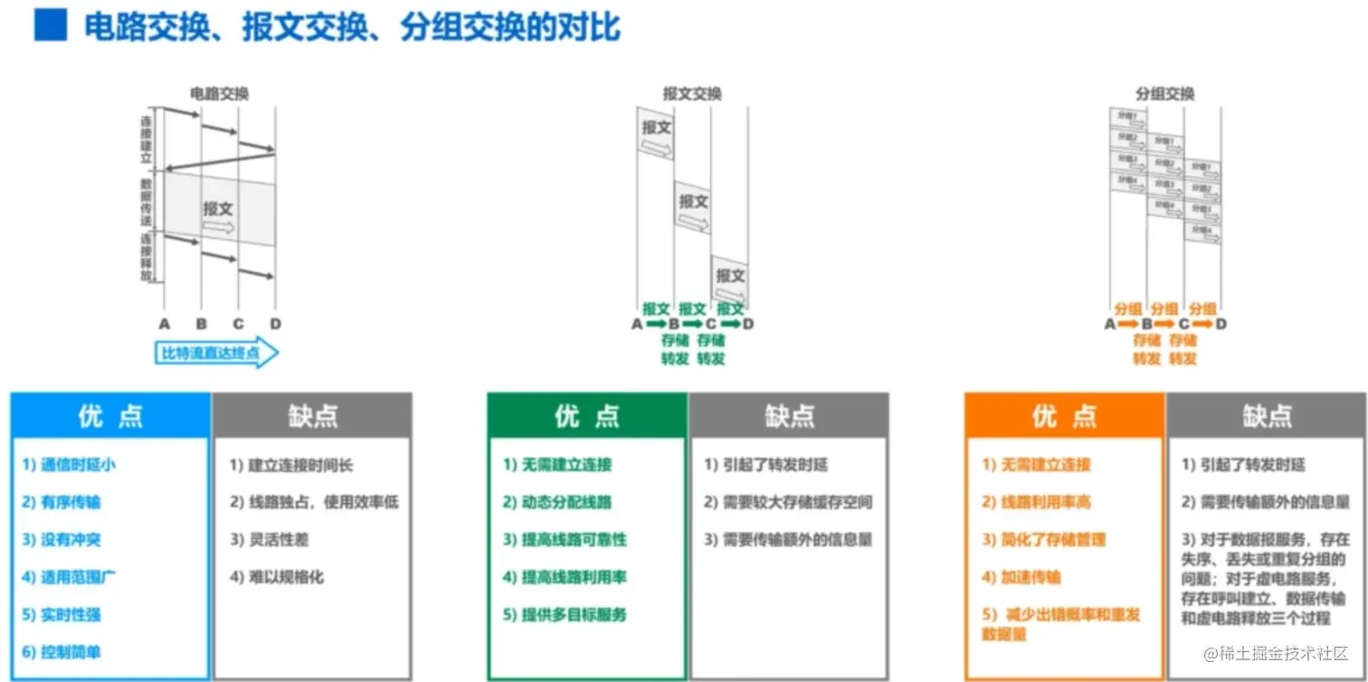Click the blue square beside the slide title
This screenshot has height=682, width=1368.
(x=51, y=26)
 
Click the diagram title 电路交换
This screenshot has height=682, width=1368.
(x=219, y=93)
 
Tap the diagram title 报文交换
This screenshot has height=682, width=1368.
(x=692, y=93)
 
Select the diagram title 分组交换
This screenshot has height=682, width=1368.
(x=1165, y=93)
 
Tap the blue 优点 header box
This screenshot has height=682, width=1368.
(x=109, y=415)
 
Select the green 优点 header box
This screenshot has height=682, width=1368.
(x=587, y=415)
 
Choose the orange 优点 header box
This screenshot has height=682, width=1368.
(x=1065, y=415)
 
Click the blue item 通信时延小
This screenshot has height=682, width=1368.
(x=70, y=465)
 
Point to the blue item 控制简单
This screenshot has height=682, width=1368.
(x=70, y=651)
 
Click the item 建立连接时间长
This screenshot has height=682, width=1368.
(x=291, y=465)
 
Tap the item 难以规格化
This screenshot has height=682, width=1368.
(x=277, y=576)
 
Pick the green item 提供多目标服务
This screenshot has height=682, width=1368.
(x=565, y=614)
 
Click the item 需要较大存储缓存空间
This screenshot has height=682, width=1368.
(x=788, y=502)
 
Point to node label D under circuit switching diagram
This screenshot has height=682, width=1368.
(x=275, y=324)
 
